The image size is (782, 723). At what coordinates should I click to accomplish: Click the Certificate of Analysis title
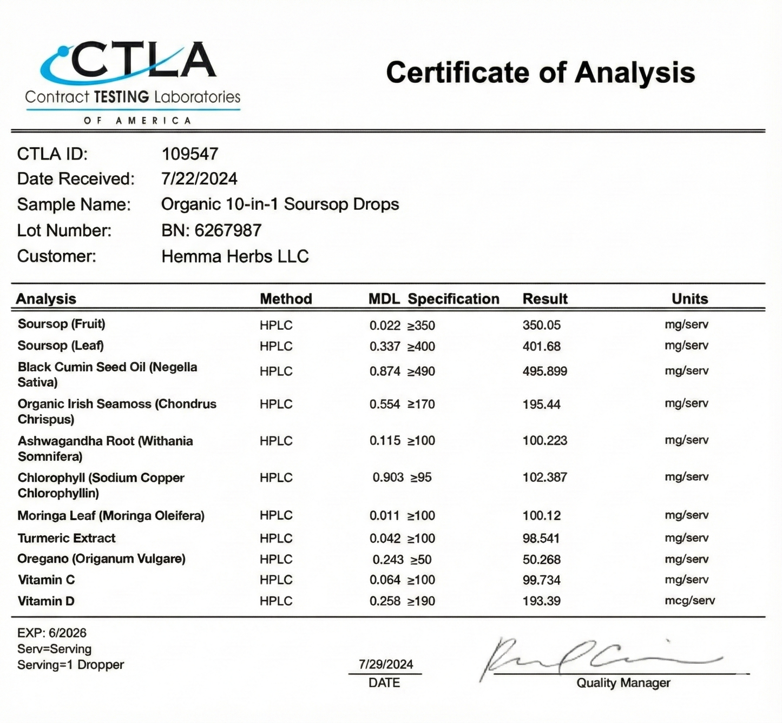[540, 72]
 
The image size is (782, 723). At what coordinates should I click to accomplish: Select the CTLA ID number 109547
[190, 154]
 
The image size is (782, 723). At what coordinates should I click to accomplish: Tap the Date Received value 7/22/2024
[199, 179]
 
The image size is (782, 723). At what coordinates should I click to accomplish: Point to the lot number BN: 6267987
[211, 231]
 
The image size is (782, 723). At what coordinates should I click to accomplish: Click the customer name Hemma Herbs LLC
[235, 256]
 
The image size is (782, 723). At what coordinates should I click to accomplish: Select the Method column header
[286, 299]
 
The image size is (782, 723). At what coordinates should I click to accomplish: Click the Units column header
[689, 299]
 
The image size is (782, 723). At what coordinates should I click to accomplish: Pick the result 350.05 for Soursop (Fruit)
[541, 326]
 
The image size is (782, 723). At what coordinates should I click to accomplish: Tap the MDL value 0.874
[385, 372]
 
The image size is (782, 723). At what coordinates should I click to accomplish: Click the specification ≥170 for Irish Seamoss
[421, 404]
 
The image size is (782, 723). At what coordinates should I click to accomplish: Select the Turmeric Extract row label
[67, 539]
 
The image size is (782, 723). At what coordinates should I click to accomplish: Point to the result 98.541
[541, 539]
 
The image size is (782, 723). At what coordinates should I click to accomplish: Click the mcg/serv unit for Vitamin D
[689, 601]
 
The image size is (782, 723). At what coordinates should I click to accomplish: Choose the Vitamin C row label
[47, 580]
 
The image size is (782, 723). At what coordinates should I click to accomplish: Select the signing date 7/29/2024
[386, 665]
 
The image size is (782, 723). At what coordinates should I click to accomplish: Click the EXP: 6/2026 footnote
[52, 633]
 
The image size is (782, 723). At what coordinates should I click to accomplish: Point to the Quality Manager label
[623, 683]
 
